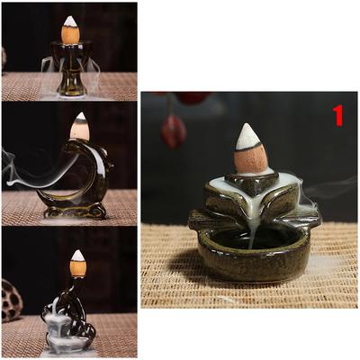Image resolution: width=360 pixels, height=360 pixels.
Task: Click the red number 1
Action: (x=338, y=115)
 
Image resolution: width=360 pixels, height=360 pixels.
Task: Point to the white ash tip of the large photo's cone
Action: (x=247, y=136)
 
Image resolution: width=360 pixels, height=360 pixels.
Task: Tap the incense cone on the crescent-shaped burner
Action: (x=79, y=127)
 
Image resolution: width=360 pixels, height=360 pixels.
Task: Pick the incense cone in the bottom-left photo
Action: (x=78, y=265)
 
